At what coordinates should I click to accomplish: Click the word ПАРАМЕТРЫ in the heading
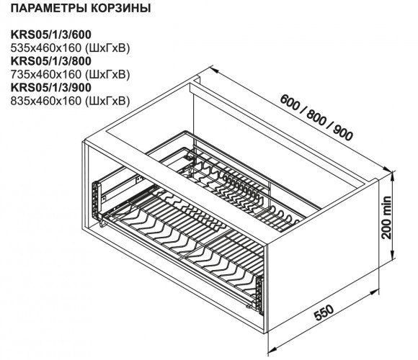click(x=48, y=8)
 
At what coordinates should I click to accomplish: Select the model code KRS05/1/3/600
click(x=51, y=35)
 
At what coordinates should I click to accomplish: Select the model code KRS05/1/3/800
click(x=51, y=61)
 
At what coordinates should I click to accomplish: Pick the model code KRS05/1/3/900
click(x=51, y=87)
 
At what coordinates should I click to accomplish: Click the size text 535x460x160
click(x=46, y=48)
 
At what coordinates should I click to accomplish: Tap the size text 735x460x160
click(x=46, y=74)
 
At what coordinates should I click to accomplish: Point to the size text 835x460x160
click(x=46, y=101)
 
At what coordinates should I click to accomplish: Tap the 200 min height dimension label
click(x=386, y=217)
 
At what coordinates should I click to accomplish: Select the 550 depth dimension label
click(x=324, y=312)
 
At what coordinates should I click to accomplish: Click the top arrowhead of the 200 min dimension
click(x=393, y=176)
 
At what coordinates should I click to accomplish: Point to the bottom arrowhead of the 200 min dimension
click(x=393, y=253)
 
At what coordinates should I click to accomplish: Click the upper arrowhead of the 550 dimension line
click(x=374, y=292)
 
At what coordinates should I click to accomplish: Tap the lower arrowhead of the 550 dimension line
click(x=272, y=351)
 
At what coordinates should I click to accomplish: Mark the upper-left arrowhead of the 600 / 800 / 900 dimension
click(x=214, y=69)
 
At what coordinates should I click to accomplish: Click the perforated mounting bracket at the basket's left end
click(x=97, y=198)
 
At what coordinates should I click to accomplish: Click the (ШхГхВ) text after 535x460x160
click(x=107, y=48)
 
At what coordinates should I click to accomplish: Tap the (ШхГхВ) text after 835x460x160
click(x=107, y=102)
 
